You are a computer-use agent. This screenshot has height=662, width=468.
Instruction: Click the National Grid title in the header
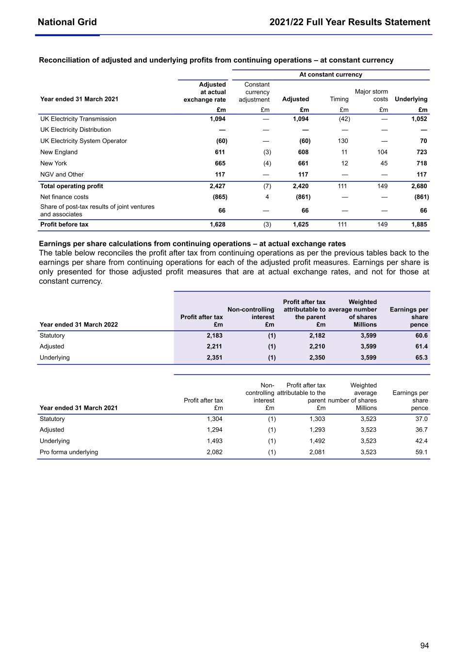click(67, 22)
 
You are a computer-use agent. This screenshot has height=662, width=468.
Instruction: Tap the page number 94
click(424, 646)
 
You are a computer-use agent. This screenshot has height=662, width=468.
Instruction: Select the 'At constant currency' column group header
click(330, 75)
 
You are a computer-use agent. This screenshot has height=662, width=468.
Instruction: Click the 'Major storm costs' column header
click(371, 95)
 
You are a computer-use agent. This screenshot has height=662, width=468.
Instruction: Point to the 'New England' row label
click(59, 152)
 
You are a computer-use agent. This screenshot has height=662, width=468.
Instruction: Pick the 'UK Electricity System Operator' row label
click(83, 141)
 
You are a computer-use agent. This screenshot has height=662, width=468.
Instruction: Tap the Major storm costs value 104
click(382, 152)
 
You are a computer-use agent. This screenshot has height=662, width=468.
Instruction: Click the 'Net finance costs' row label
click(64, 197)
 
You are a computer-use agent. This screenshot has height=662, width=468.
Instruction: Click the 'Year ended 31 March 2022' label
click(79, 324)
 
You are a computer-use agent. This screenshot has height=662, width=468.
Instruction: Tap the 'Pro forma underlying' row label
click(69, 452)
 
